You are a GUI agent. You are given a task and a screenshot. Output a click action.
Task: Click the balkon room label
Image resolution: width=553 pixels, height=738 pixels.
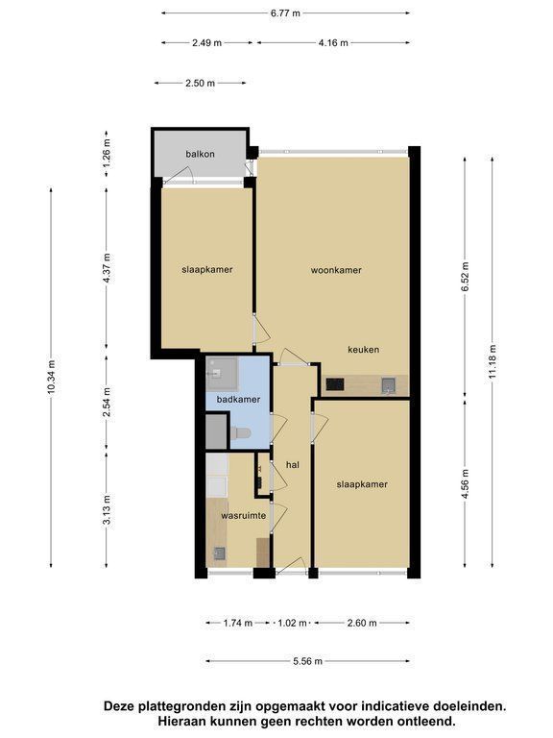(200, 154)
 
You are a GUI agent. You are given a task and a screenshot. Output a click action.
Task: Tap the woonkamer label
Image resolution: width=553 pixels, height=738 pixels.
(336, 270)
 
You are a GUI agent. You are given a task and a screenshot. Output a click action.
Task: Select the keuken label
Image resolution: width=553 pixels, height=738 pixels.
(364, 350)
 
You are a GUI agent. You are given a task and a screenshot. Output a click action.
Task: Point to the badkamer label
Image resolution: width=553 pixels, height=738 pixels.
(238, 400)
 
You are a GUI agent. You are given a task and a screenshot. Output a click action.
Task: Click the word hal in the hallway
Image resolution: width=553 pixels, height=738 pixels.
(293, 465)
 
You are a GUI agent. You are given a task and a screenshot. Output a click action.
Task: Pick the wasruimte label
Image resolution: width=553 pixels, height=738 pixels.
(244, 516)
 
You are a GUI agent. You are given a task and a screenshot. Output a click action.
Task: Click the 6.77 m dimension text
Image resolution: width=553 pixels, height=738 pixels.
(285, 13)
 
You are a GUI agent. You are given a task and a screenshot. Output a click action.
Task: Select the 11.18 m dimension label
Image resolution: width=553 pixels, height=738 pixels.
(493, 361)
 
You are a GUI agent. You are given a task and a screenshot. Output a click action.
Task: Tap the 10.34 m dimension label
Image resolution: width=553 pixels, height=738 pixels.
(51, 378)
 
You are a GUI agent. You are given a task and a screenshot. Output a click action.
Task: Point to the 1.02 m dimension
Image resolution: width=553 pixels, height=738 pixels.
(293, 623)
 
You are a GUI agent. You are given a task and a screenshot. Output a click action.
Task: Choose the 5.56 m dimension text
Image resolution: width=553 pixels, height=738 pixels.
(308, 661)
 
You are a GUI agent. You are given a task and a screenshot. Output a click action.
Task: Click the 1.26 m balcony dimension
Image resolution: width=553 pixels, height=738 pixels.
(107, 154)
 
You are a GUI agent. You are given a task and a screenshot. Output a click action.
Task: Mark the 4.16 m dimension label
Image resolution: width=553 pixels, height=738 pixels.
(333, 43)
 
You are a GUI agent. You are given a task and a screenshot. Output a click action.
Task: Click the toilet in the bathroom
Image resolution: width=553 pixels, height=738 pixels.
(240, 432)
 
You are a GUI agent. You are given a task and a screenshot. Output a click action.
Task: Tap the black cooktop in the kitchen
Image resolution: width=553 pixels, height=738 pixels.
(335, 385)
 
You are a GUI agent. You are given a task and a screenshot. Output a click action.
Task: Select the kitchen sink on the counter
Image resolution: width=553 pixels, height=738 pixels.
(389, 385)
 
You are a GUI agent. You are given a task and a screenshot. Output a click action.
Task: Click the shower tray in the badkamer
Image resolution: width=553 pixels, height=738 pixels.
(223, 374)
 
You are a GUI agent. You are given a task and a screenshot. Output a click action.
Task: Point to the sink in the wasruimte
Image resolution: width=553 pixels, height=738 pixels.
(219, 553)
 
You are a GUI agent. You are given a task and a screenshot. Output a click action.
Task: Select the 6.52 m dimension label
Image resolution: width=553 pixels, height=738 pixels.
(465, 277)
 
